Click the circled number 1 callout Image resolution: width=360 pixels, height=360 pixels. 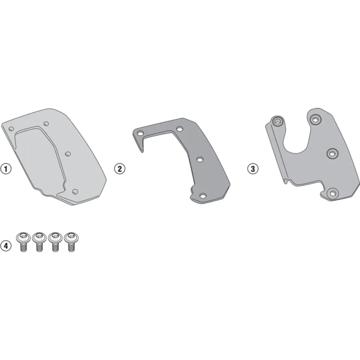tap(6, 169)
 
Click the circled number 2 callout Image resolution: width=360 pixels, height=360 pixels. tap(120, 169)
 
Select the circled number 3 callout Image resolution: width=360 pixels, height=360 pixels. tap(253, 169)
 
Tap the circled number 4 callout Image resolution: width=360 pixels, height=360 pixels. tap(6, 246)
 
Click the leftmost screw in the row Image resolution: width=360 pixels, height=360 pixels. tap(23, 242)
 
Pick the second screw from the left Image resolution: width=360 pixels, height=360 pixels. tap(39, 242)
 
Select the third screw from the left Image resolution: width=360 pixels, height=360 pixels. tap(55, 242)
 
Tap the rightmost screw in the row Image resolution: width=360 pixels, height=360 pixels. tap(71, 242)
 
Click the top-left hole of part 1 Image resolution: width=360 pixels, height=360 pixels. tap(11, 129)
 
